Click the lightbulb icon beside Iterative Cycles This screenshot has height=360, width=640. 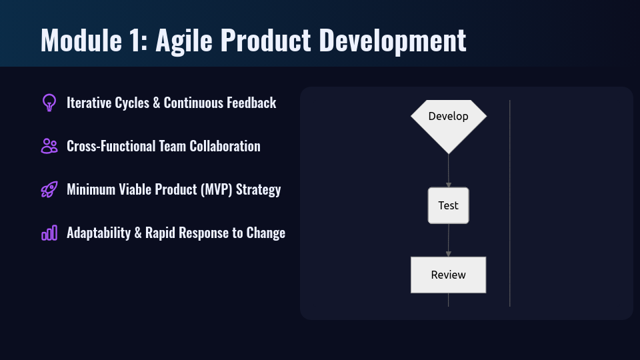pyautogui.click(x=49, y=103)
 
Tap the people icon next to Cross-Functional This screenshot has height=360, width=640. pyautogui.click(x=49, y=146)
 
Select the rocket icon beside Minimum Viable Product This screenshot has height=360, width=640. pyautogui.click(x=49, y=189)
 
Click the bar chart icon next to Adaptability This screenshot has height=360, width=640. pyautogui.click(x=49, y=233)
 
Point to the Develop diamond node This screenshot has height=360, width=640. pyautogui.click(x=449, y=123)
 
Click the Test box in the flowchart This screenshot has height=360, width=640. pyautogui.click(x=448, y=205)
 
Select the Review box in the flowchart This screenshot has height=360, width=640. pyautogui.click(x=448, y=275)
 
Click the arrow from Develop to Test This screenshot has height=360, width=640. pyautogui.click(x=449, y=171)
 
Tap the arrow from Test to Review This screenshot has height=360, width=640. pyautogui.click(x=449, y=240)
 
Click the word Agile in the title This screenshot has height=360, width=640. pyautogui.click(x=184, y=41)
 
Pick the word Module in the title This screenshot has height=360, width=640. pyautogui.click(x=81, y=40)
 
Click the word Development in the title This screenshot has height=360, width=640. pyautogui.click(x=392, y=41)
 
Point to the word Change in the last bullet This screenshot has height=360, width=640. pyautogui.click(x=266, y=233)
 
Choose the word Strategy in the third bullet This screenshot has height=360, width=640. pyautogui.click(x=259, y=190)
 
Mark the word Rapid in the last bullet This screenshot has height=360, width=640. pyautogui.click(x=160, y=233)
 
